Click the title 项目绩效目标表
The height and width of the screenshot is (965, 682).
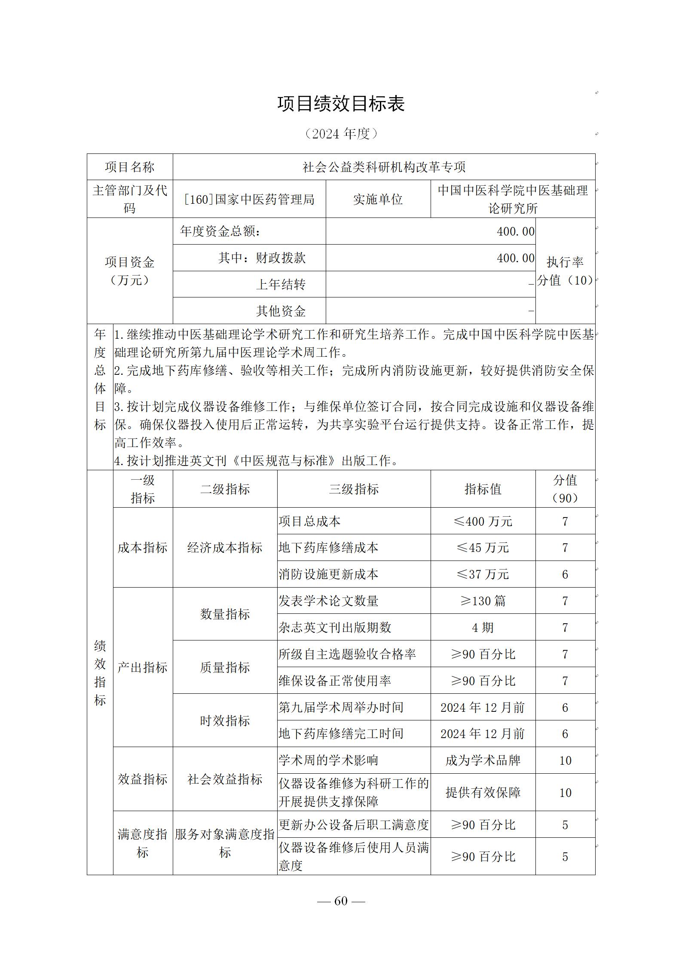click(341, 104)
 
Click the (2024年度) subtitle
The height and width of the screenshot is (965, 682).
click(341, 134)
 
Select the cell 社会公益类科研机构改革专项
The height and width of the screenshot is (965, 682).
click(384, 167)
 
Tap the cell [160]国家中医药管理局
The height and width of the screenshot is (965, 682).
click(249, 199)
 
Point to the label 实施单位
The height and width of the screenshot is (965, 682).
click(378, 199)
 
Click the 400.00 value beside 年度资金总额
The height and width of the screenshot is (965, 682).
click(515, 232)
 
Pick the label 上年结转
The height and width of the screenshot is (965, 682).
click(281, 285)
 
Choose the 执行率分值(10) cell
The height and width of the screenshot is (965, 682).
click(565, 271)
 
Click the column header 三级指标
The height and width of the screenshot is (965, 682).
click(354, 489)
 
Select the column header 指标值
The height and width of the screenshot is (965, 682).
click(483, 489)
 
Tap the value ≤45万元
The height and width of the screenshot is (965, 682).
click(483, 548)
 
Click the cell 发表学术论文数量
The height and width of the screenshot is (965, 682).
click(328, 601)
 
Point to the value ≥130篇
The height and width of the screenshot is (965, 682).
click(483, 601)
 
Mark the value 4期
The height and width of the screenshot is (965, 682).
click(483, 628)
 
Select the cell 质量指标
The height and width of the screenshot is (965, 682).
click(225, 668)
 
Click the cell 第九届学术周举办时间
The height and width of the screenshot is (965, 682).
click(341, 708)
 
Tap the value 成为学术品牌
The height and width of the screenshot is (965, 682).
click(483, 760)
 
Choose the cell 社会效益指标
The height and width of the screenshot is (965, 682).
click(225, 779)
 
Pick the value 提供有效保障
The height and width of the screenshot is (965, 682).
click(483, 793)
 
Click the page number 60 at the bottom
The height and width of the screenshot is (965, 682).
click(340, 901)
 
